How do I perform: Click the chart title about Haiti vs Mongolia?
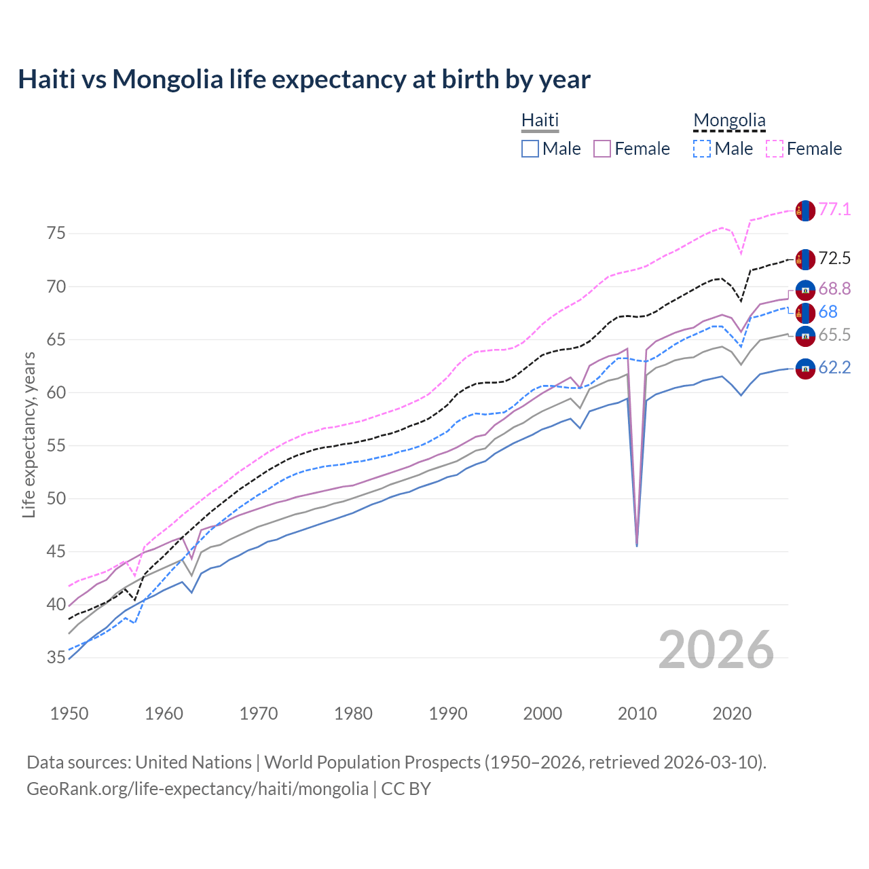point(304,79)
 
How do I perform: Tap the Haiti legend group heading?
point(540,120)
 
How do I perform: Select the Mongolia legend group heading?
point(729,121)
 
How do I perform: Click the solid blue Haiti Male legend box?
point(530,149)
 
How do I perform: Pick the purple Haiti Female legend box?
point(603,149)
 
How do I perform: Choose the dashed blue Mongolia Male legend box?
point(702,149)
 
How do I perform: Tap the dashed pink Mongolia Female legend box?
point(775,149)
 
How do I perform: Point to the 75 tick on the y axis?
point(56,234)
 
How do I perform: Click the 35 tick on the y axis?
point(56,657)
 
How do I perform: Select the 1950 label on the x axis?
point(69,714)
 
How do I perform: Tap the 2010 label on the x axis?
point(637,714)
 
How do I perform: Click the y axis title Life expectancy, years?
point(29,434)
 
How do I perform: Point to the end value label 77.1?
point(834,210)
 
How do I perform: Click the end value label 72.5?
point(834,259)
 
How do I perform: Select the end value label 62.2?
point(834,368)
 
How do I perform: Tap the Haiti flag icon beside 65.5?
point(805,335)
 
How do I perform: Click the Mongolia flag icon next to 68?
point(805,312)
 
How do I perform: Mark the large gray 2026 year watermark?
point(716,650)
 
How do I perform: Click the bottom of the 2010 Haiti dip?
point(637,545)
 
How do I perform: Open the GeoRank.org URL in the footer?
point(197,789)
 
